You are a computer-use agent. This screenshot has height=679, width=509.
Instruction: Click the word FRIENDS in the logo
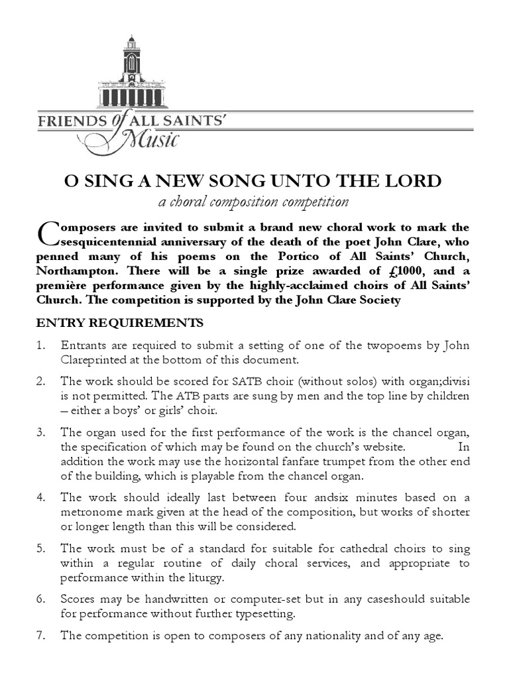(x=68, y=122)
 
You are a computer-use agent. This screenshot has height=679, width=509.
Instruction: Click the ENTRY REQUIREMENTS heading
(x=119, y=324)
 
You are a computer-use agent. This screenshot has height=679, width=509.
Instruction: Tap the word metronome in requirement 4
(x=93, y=512)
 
